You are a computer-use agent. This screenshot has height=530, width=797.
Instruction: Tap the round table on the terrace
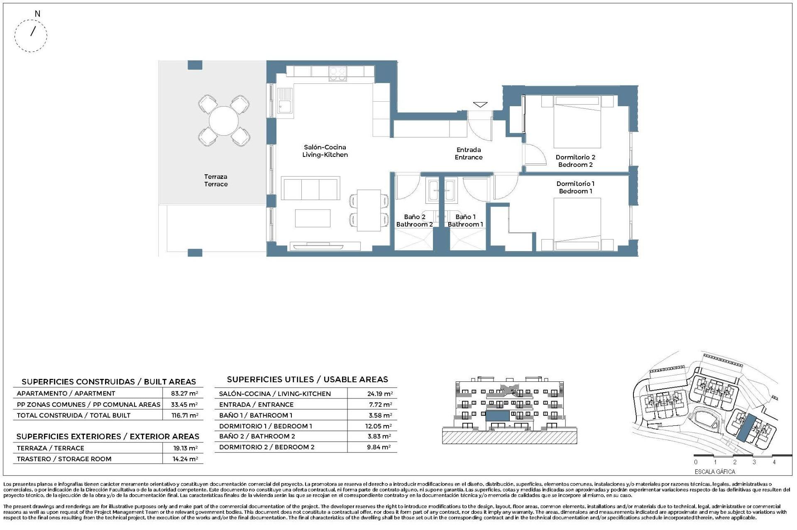pyautogui.click(x=224, y=121)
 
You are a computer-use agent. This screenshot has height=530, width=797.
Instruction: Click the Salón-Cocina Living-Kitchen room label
pyautogui.click(x=325, y=151)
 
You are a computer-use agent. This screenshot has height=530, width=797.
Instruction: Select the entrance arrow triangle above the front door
pyautogui.click(x=480, y=105)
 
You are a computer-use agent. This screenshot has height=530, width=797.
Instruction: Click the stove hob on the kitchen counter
pyautogui.click(x=338, y=74)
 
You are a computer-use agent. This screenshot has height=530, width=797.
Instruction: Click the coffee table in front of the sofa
pyautogui.click(x=313, y=218)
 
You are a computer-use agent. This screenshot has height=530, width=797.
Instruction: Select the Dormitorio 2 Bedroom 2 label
pyautogui.click(x=575, y=161)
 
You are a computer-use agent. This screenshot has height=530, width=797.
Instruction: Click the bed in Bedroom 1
pyautogui.click(x=577, y=224)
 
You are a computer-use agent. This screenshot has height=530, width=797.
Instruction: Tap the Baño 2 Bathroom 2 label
pyautogui.click(x=414, y=220)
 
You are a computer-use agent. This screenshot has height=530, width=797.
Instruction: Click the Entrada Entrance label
pyautogui.click(x=469, y=153)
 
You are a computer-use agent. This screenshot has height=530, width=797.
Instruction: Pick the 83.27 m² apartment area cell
pyautogui.click(x=184, y=393)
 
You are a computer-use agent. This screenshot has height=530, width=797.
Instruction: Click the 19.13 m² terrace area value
pyautogui.click(x=185, y=448)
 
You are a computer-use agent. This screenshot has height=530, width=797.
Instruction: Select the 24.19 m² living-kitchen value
pyautogui.click(x=379, y=393)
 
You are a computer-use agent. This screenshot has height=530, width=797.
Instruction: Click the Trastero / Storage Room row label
pyautogui.click(x=64, y=459)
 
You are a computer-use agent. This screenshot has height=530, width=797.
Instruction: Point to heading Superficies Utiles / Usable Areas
pyautogui.click(x=307, y=379)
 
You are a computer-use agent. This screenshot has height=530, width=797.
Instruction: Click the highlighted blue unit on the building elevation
pyautogui.click(x=497, y=416)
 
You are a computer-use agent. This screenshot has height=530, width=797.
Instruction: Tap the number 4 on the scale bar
pyautogui.click(x=774, y=462)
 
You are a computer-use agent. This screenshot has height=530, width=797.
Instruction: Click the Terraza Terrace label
pyautogui.click(x=216, y=180)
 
